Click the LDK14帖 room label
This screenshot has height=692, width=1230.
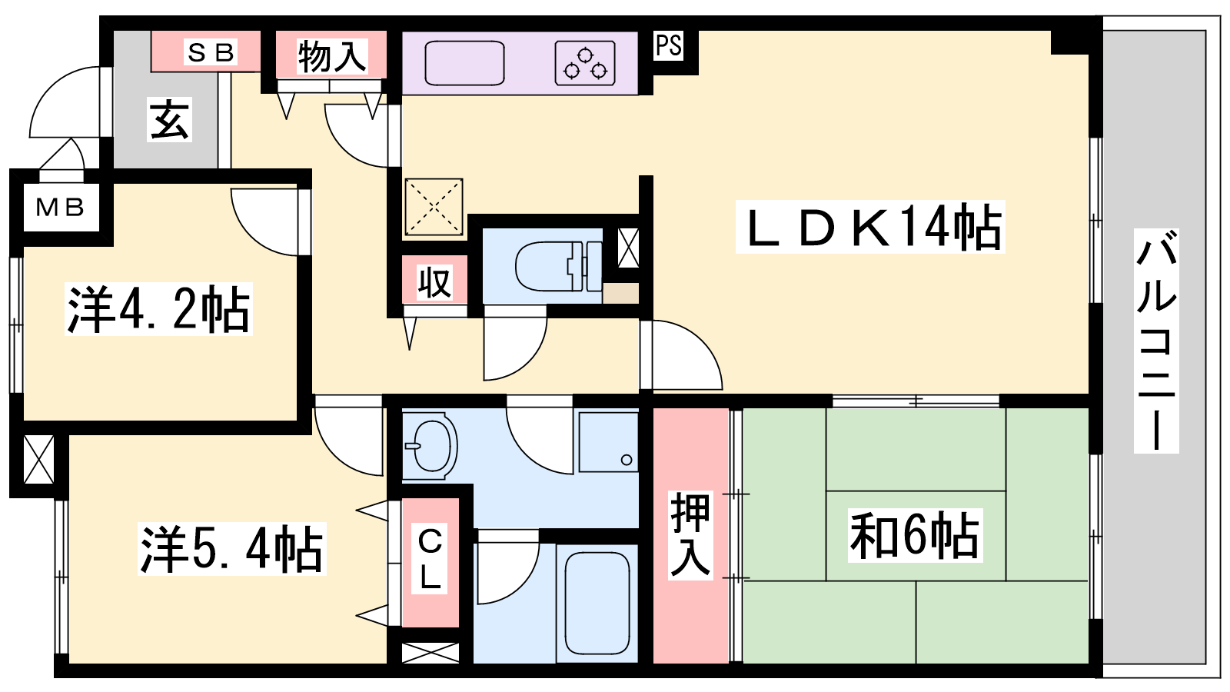coord(871,227)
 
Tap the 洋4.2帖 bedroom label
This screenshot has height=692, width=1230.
coord(158,309)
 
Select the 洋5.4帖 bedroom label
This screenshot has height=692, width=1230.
coord(231,549)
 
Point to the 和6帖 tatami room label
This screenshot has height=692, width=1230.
coord(915,535)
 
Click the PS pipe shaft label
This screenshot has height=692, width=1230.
coord(669,45)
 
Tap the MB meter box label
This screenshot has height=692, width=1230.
coord(60,207)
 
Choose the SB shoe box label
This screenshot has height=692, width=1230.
coord(211,53)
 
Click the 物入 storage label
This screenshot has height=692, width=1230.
coord(331,55)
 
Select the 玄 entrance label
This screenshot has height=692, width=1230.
coord(170,119)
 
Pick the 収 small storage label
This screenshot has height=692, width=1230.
coord(434,282)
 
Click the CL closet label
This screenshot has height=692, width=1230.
coord(430,558)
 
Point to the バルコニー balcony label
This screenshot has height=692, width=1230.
coord(1156,341)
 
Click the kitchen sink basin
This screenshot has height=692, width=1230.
coord(464,63)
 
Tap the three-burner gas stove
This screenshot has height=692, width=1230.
coord(585,63)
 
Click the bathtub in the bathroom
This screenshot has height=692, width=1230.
coord(597,603)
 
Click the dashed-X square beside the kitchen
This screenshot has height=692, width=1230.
coord(434,207)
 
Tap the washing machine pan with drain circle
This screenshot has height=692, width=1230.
coord(608,443)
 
